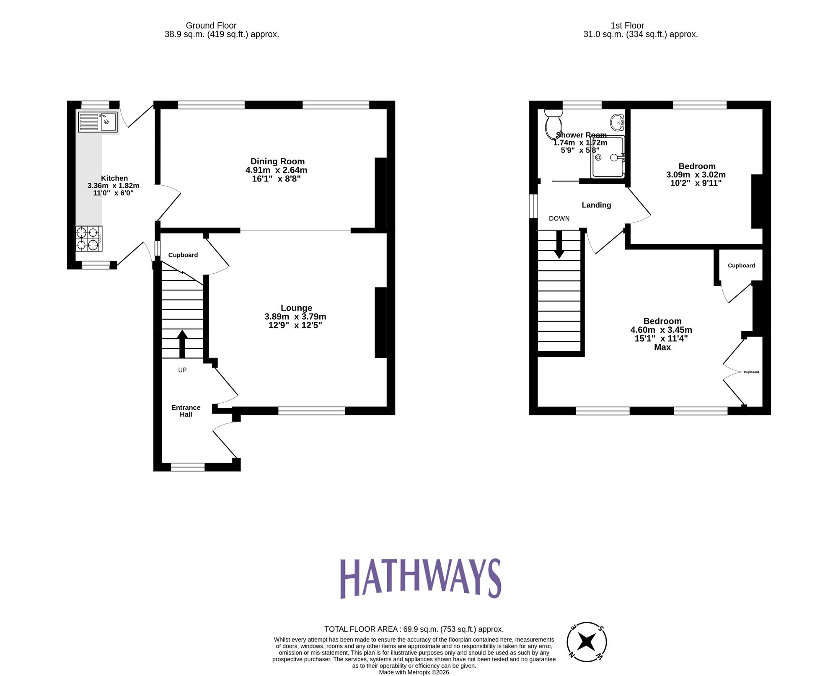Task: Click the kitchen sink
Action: (x=98, y=122)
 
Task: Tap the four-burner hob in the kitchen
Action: (x=89, y=238)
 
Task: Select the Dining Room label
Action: (x=277, y=161)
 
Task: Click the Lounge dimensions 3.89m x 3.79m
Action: (x=295, y=317)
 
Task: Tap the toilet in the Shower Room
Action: (x=553, y=124)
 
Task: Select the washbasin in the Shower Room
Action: (x=617, y=122)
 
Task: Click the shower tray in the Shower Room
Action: (x=608, y=157)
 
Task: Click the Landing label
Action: (x=596, y=205)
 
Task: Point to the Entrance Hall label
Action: (x=186, y=411)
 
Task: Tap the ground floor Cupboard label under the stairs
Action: (x=183, y=255)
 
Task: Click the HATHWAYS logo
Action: (x=420, y=578)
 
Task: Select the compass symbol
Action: (x=586, y=642)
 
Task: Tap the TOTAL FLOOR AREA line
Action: (x=414, y=629)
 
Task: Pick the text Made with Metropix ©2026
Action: (x=414, y=672)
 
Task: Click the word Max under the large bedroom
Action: (x=662, y=347)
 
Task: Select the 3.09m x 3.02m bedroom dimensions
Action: (x=696, y=175)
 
